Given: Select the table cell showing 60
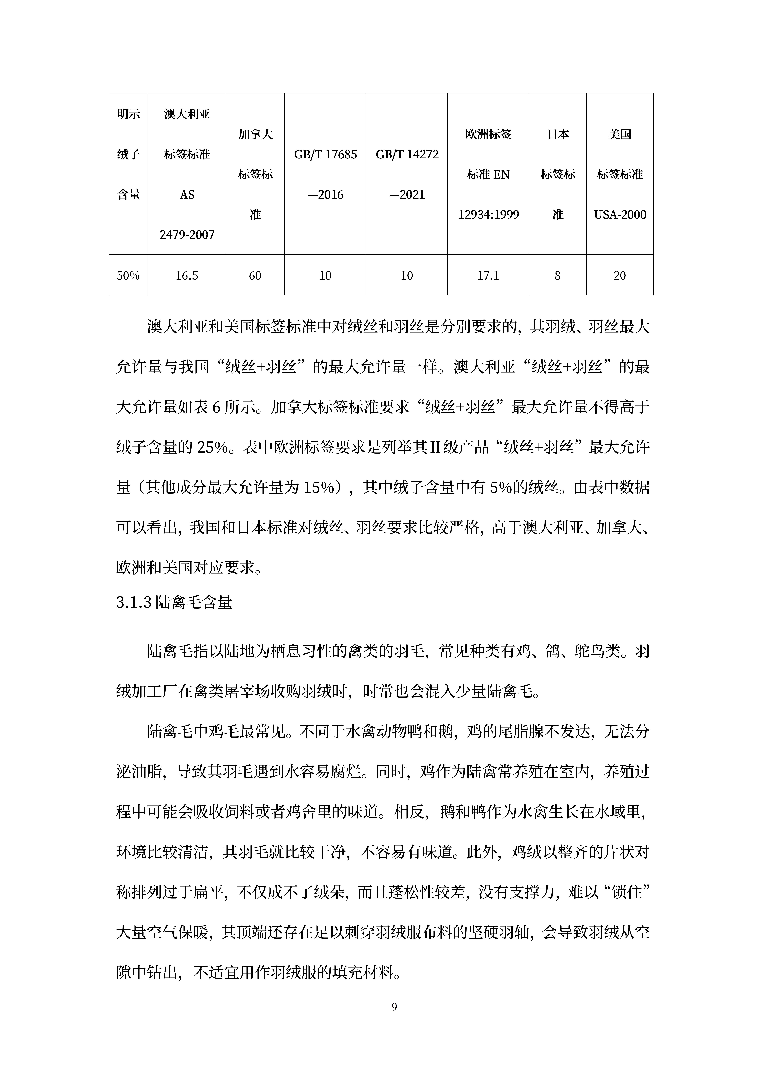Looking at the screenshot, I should [x=255, y=276].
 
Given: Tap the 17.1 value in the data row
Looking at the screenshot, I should [x=488, y=276].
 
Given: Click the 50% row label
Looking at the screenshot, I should [x=128, y=276].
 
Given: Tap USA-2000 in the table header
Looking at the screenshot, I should [x=620, y=215].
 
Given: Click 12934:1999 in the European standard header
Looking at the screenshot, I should [x=488, y=215].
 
